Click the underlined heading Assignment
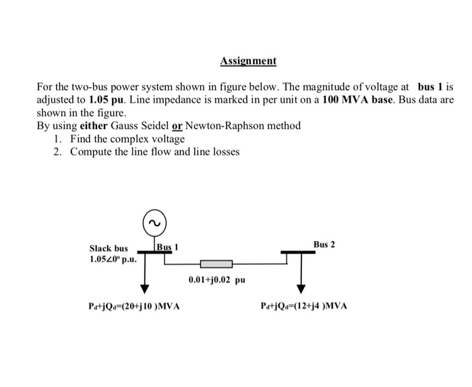coord(247,61)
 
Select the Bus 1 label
coord(167,246)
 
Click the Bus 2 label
coord(324,244)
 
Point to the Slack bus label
coord(109,249)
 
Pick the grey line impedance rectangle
coord(214,263)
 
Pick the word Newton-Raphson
coord(216,126)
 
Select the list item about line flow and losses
coord(154,151)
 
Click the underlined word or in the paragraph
coord(177,126)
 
